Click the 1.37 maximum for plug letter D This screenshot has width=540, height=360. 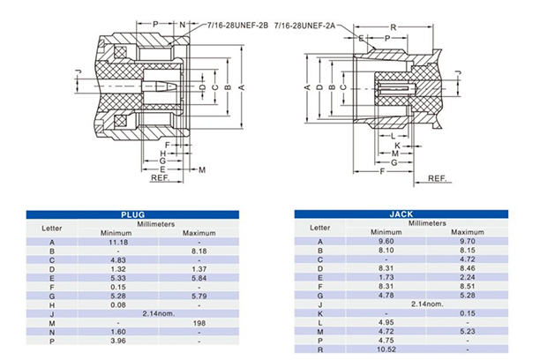pos(199,268)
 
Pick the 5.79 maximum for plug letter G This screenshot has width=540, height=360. pos(199,295)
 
